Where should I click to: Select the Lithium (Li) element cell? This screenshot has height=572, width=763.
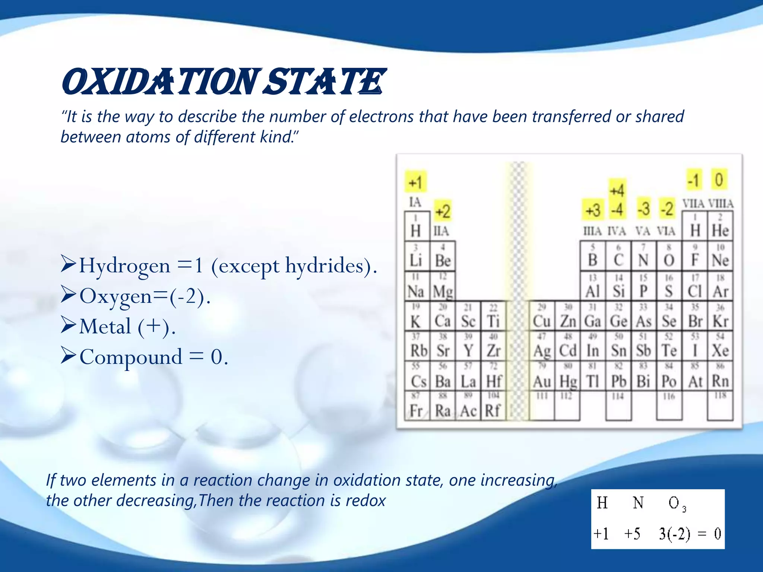[416, 256]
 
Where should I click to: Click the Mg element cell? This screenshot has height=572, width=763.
[442, 287]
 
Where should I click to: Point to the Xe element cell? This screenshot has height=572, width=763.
[720, 346]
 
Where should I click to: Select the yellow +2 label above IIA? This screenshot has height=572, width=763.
[443, 211]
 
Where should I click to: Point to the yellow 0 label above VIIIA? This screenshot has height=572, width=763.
[719, 180]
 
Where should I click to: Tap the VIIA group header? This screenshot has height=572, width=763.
[693, 204]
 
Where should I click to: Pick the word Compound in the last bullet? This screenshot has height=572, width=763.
[131, 357]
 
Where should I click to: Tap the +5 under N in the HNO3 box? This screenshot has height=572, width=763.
[632, 534]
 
